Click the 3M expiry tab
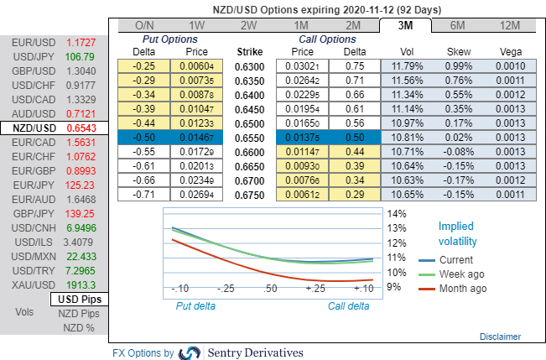coord(405,24)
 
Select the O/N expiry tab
coord(145,24)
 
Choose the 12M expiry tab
coord(509,24)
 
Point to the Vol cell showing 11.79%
coord(411,65)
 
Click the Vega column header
coord(509,51)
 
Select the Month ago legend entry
coord(463,289)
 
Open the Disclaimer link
coord(501,337)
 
